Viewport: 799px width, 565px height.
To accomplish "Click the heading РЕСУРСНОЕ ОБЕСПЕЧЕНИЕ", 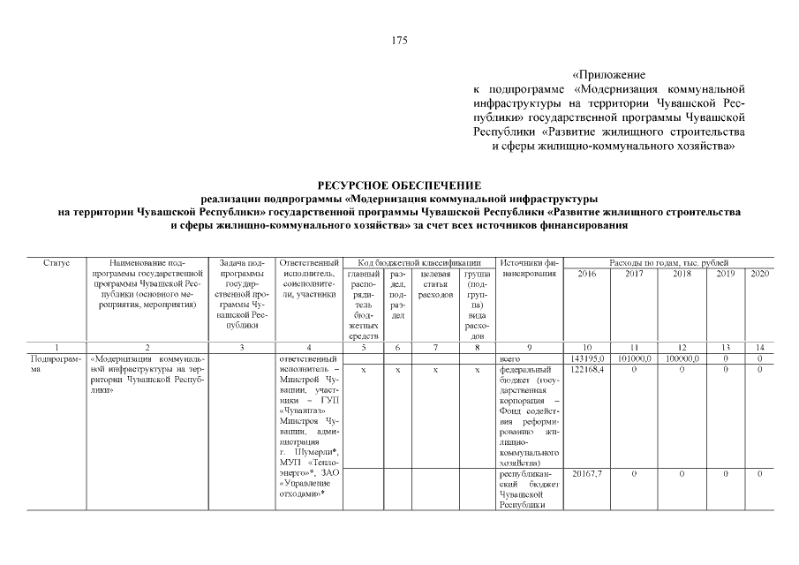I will coord(399,185).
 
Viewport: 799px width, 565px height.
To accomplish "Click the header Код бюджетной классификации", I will coord(419,263).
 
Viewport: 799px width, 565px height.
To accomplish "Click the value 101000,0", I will coord(634,359).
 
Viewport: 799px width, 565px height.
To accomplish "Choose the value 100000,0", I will coord(682,359).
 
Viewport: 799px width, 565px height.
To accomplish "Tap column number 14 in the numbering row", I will coord(759,347).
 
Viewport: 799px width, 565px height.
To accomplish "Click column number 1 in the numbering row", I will coord(57,347).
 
